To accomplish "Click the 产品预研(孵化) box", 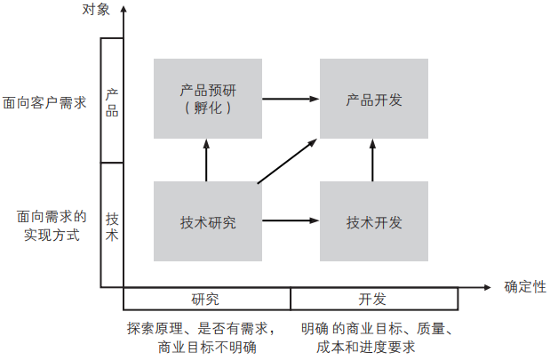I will (207, 98).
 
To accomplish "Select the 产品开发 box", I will (373, 98).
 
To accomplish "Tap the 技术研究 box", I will (207, 221).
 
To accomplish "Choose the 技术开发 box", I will (373, 221).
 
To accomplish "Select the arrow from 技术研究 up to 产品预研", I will (207, 160).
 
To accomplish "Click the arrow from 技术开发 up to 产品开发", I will (373, 160).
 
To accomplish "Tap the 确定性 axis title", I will (524, 287).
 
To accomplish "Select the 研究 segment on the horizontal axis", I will (206, 299).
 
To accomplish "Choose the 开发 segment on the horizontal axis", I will (373, 299).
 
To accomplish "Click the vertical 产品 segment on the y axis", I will (112, 100).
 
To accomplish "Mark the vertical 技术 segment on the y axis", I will (112, 225).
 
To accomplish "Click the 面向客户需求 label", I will (44, 102).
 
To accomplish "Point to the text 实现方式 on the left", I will (51, 236).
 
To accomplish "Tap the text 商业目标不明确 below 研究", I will (205, 347).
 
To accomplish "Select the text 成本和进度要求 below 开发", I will (365, 347).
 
